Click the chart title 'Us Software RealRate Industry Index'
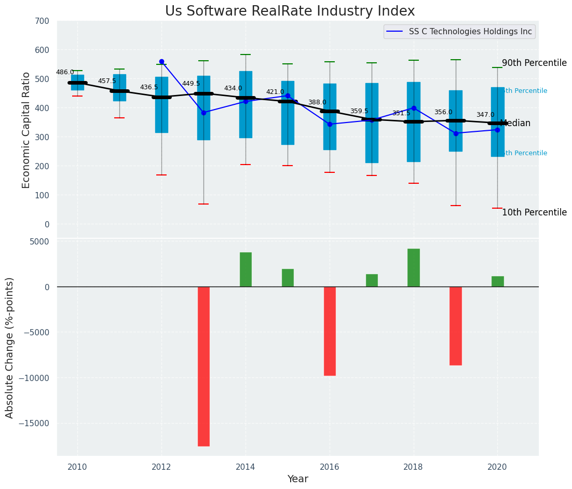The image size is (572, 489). [290, 11]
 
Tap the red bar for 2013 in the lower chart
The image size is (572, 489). [203, 366]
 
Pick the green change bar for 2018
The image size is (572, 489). [414, 267]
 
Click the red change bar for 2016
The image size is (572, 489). [330, 331]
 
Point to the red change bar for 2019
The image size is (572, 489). [456, 325]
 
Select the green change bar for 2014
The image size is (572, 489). [246, 269]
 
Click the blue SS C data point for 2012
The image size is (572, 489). [161, 61]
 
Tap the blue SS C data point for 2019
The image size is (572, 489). [456, 133]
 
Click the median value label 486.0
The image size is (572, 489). [65, 73]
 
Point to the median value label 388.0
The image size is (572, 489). [317, 103]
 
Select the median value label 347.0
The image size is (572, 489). [485, 115]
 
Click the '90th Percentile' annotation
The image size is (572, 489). [534, 63]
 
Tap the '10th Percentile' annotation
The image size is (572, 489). [534, 212]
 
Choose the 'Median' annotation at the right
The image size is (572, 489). [515, 124]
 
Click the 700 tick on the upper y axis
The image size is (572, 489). [42, 21]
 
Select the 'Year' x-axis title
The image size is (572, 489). [297, 479]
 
